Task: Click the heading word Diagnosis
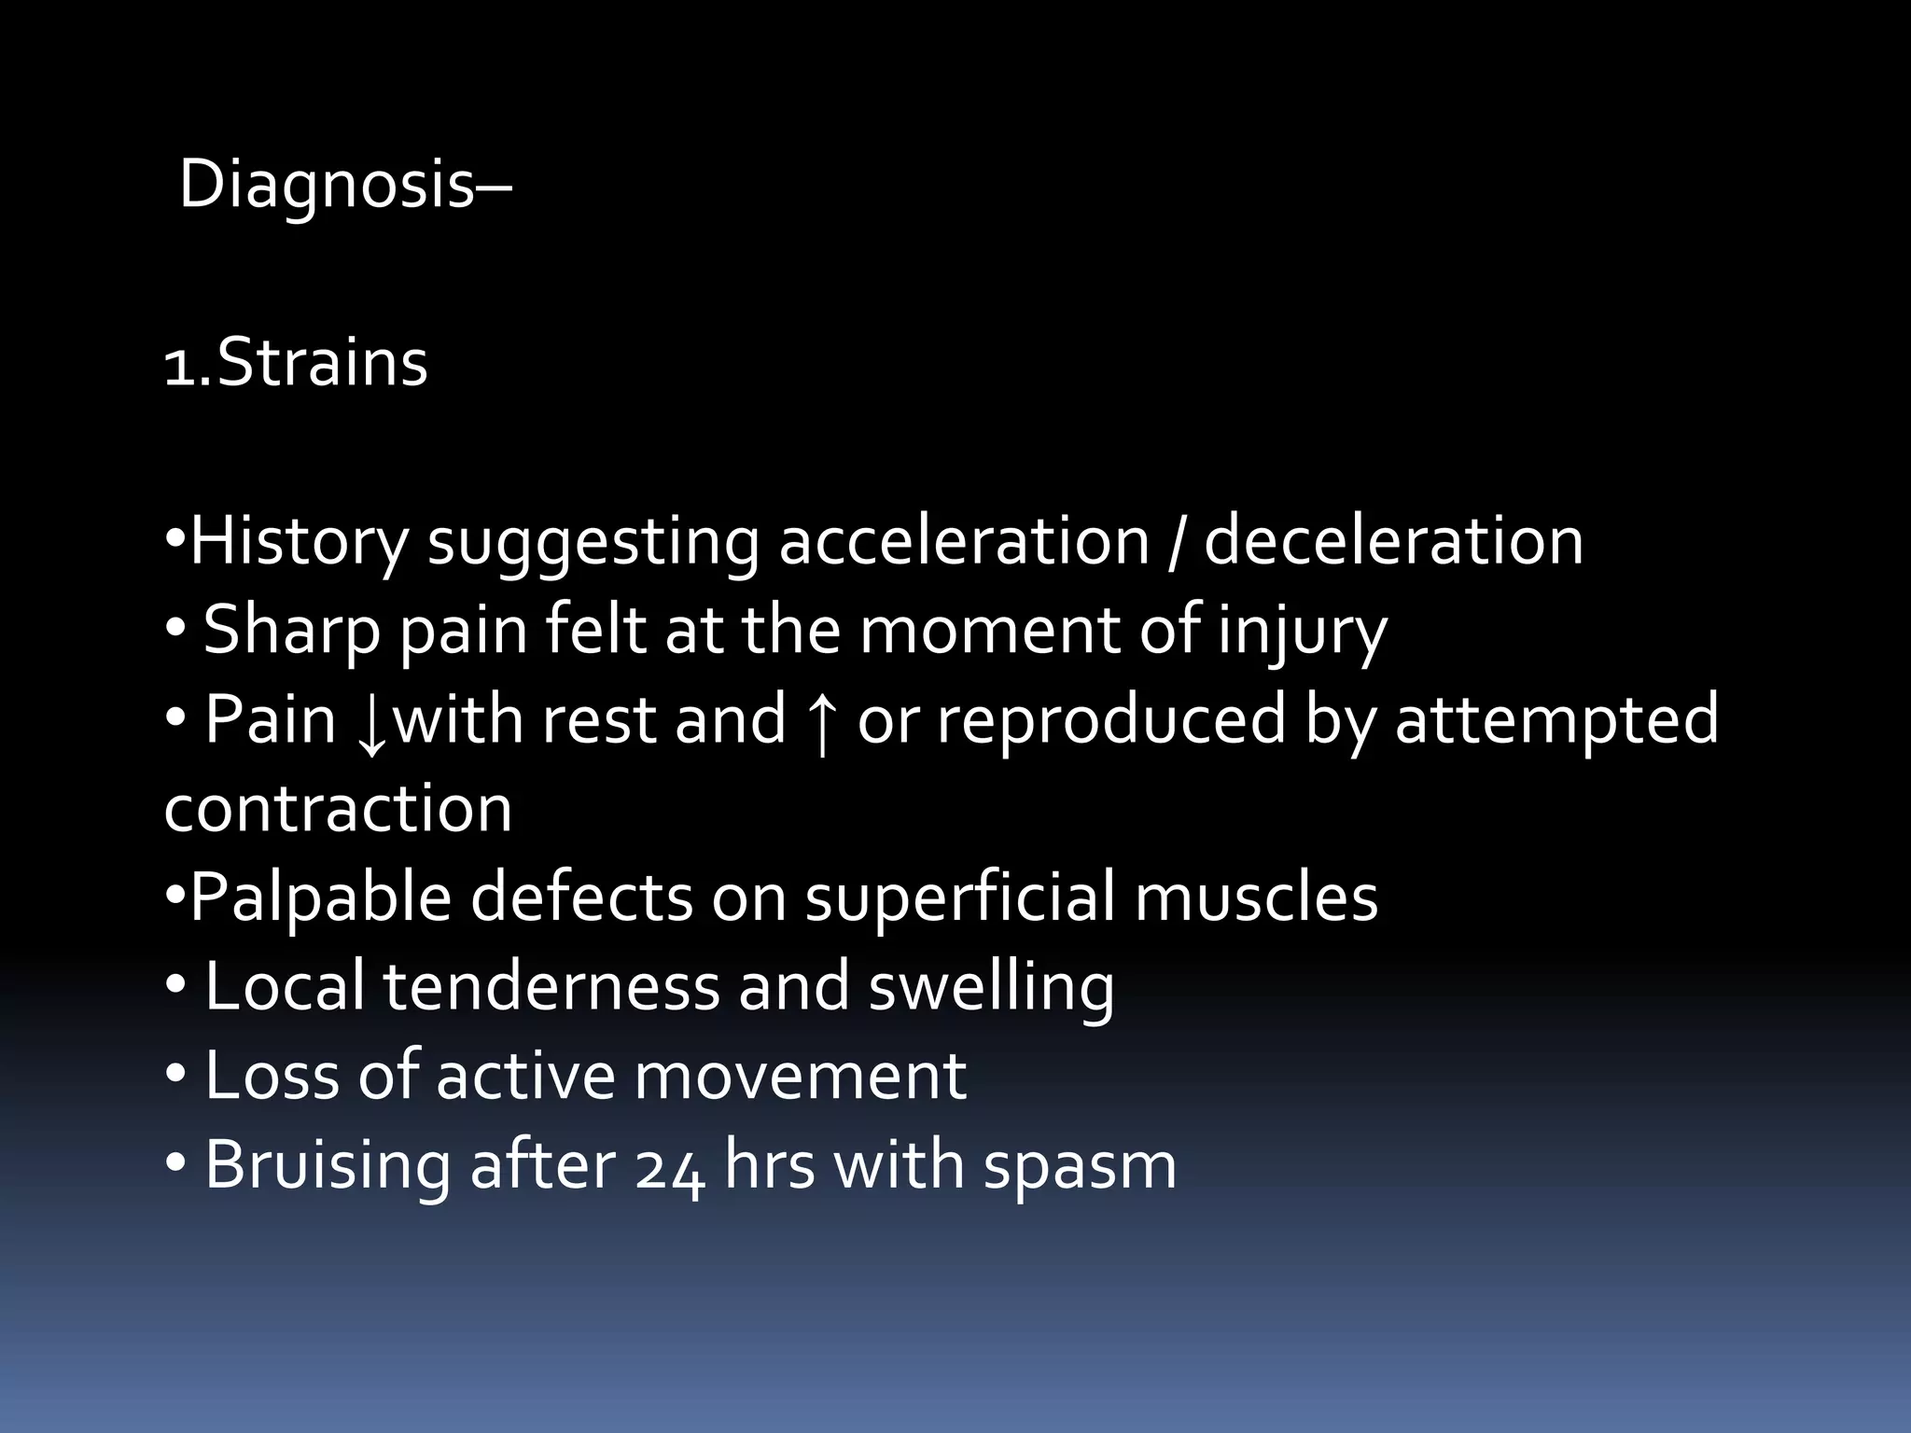[328, 185]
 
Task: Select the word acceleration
[964, 541]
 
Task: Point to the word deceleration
[1393, 541]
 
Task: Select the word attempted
[1555, 720]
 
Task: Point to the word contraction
[338, 808]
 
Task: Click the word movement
[800, 1076]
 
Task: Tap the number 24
[670, 1166]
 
